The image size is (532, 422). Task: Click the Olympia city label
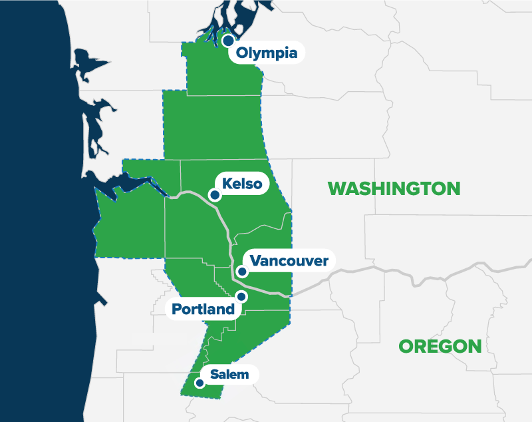coord(267,53)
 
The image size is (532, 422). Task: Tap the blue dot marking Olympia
coord(228,41)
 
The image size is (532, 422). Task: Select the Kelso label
coord(242,184)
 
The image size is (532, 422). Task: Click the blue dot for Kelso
coord(214,195)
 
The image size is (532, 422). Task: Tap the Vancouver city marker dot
coord(242,272)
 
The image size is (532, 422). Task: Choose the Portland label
coord(203,310)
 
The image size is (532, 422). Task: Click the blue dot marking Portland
coord(241,296)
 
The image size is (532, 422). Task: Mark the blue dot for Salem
coord(198,383)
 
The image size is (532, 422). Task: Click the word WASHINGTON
coord(394,188)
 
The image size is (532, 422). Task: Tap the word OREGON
coord(440,346)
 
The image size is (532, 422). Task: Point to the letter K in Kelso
coord(227,184)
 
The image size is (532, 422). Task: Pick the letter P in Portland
coord(176,310)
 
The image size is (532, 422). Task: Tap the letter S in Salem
coord(213,374)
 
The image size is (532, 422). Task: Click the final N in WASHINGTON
coord(452,188)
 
